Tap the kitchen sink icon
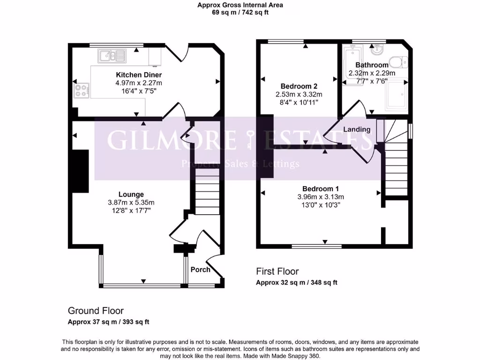point(112,57)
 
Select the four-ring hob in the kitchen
point(82,90)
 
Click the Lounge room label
point(131,195)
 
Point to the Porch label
point(200,270)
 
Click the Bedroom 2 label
point(299,86)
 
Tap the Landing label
point(357,129)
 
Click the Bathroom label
point(372,65)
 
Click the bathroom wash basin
point(376,50)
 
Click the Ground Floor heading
point(96,311)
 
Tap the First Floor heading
point(277,271)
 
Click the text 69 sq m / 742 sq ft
point(240,13)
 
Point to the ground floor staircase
point(205,187)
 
